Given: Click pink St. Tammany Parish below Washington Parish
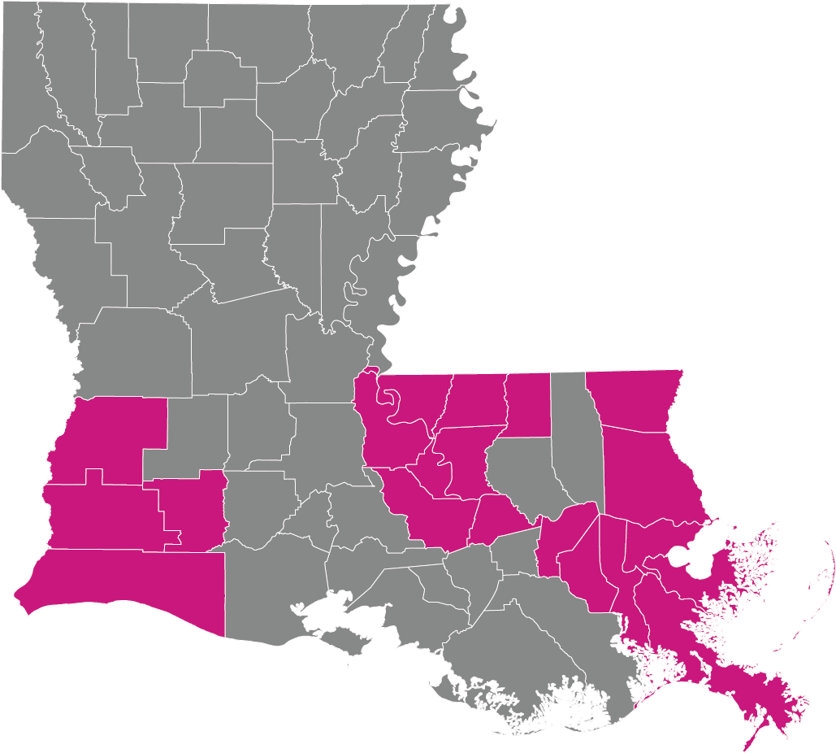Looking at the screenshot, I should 650,480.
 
